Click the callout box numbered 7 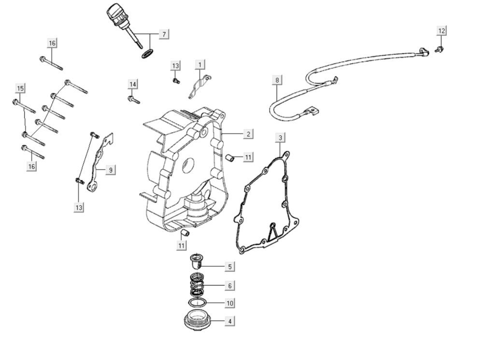click(164, 34)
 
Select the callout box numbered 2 click(248, 134)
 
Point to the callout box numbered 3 click(280, 138)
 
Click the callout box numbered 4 click(230, 321)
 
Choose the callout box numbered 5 click(230, 266)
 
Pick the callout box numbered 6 click(230, 286)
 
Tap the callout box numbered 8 click(277, 80)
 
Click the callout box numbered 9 click(111, 170)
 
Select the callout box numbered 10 click(230, 303)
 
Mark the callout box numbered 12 click(441, 31)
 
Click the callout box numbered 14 click(133, 85)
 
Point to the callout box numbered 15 click(20, 88)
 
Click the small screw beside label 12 click(439, 49)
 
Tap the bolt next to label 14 click(134, 100)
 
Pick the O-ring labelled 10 click(198, 302)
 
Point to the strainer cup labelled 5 click(196, 261)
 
